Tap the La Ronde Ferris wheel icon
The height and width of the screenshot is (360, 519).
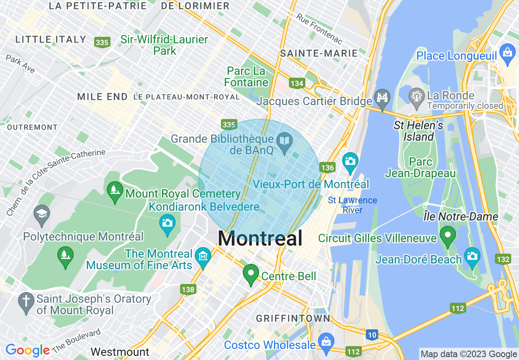click(417, 97)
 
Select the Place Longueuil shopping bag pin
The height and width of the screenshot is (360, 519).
click(508, 53)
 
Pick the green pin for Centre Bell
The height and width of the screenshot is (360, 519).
click(250, 274)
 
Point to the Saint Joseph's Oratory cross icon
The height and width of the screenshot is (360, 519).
click(26, 302)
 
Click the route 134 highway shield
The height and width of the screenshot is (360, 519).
click(297, 83)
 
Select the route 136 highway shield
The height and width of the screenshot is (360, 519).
click(328, 168)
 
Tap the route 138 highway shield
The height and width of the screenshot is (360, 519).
click(188, 290)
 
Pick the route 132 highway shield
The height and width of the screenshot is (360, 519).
click(503, 259)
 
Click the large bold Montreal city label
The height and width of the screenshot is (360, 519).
click(260, 238)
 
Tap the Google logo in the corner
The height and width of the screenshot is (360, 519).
click(27, 350)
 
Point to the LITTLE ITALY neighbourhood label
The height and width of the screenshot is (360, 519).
click(51, 40)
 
